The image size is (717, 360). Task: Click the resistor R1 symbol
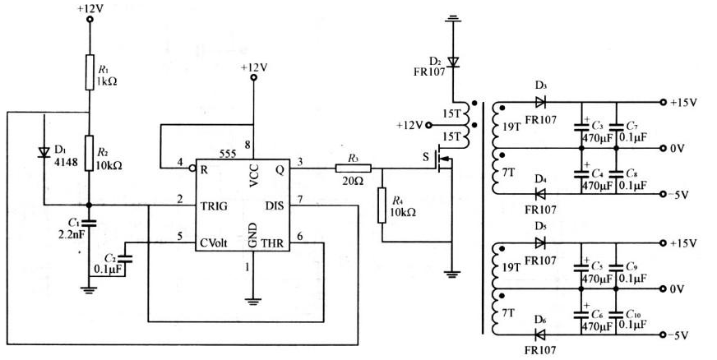pyautogui.click(x=90, y=72)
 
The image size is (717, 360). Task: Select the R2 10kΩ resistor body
pyautogui.click(x=90, y=153)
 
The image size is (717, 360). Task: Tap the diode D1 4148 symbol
pyautogui.click(x=44, y=152)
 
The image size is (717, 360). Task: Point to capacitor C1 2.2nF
pyautogui.click(x=90, y=224)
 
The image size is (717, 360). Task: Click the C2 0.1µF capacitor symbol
pyautogui.click(x=126, y=259)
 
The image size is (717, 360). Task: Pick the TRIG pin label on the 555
pyautogui.click(x=214, y=206)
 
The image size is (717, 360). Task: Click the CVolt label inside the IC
pyautogui.click(x=214, y=243)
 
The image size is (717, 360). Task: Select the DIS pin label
pyautogui.click(x=275, y=206)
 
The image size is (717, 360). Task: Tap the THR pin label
pyautogui.click(x=272, y=243)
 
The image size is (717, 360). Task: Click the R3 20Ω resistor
pyautogui.click(x=353, y=168)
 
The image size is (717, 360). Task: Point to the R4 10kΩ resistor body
pyautogui.click(x=382, y=205)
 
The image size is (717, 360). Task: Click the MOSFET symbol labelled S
pyautogui.click(x=443, y=159)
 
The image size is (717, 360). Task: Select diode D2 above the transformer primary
pyautogui.click(x=453, y=61)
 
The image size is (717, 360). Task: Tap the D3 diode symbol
pyautogui.click(x=541, y=103)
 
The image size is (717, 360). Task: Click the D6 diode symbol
pyautogui.click(x=540, y=335)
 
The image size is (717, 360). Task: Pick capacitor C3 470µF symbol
pyautogui.click(x=581, y=126)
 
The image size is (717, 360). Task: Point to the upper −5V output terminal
pyautogui.click(x=663, y=194)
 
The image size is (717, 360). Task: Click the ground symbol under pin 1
pyautogui.click(x=252, y=301)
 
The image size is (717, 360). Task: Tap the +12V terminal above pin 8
pyautogui.click(x=253, y=77)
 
